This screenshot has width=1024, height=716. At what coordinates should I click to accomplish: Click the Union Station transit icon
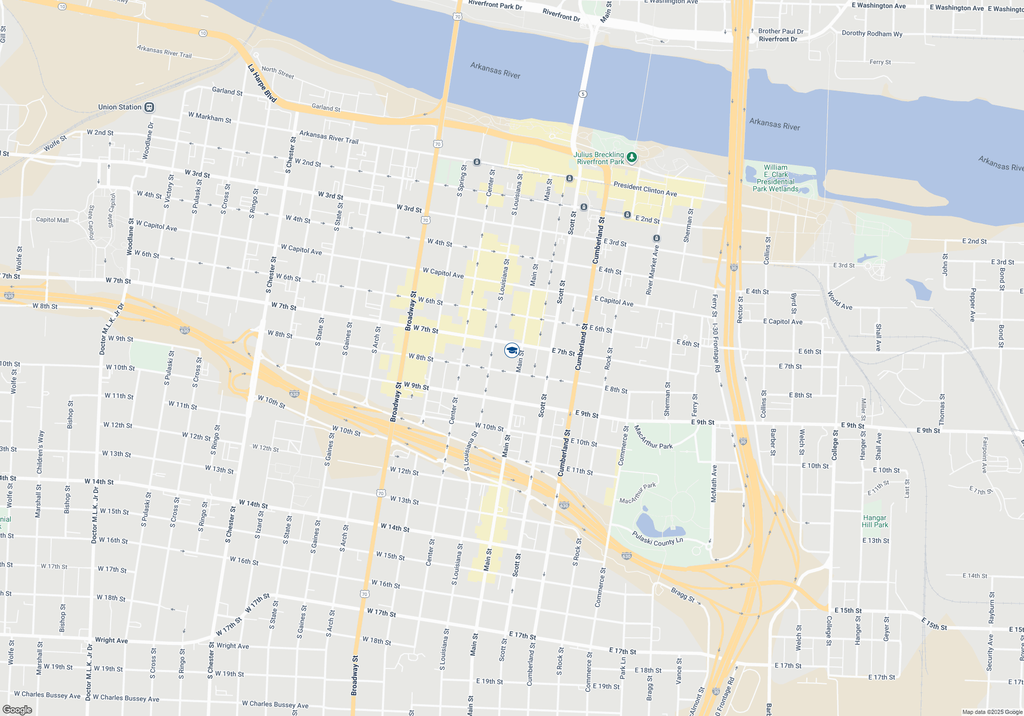pyautogui.click(x=149, y=107)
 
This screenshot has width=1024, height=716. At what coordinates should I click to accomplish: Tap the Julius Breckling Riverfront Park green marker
pyautogui.click(x=632, y=158)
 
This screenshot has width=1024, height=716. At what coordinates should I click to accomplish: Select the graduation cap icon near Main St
pyautogui.click(x=511, y=350)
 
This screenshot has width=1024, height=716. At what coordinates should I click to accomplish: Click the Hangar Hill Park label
pyautogui.click(x=874, y=521)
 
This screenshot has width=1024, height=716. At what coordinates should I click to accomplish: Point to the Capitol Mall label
pyautogui.click(x=52, y=220)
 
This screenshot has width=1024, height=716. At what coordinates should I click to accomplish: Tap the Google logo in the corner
pyautogui.click(x=17, y=710)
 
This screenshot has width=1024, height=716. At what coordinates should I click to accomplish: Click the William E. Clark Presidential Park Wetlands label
pyautogui.click(x=775, y=178)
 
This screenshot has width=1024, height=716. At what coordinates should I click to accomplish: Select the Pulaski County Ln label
pyautogui.click(x=657, y=539)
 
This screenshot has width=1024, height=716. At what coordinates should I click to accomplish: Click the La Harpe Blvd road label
pyautogui.click(x=262, y=83)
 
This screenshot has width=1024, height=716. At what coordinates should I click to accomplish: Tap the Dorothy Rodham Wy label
pyautogui.click(x=872, y=34)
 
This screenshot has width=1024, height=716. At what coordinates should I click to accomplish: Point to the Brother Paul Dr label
pyautogui.click(x=780, y=31)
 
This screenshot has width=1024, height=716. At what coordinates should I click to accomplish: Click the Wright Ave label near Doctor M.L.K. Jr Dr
pyautogui.click(x=112, y=640)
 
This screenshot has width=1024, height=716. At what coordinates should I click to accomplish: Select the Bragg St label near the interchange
pyautogui.click(x=682, y=595)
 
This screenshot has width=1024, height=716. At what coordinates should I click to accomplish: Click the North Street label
pyautogui.click(x=278, y=73)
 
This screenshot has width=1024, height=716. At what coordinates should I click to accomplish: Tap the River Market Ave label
pyautogui.click(x=652, y=270)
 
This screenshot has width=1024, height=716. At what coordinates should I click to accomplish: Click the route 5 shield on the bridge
pyautogui.click(x=583, y=94)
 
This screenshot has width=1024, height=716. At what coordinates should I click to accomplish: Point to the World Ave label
pyautogui.click(x=840, y=301)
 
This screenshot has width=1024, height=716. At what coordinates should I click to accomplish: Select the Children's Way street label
pyautogui.click(x=40, y=452)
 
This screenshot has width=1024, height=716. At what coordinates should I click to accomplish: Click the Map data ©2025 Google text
pyautogui.click(x=992, y=712)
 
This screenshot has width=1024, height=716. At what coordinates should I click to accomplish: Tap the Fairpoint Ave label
pyautogui.click(x=984, y=455)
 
